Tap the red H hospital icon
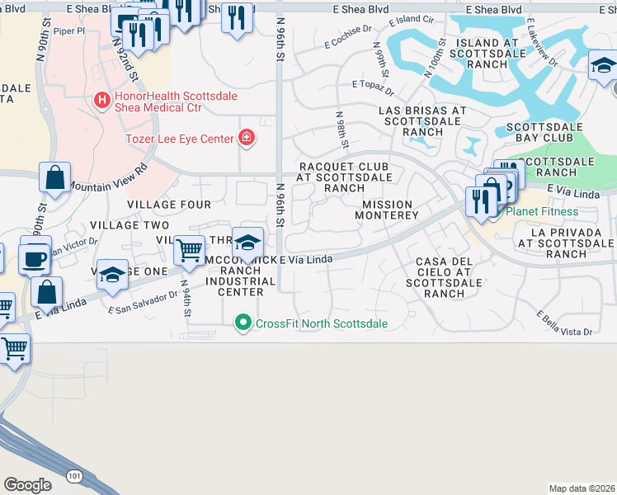point(101,101)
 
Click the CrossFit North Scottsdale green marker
point(243,323)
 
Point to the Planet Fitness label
point(542,211)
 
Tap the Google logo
point(27,485)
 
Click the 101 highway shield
point(76,476)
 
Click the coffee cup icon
point(35,257)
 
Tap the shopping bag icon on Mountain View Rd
point(54,178)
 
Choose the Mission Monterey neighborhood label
point(386,210)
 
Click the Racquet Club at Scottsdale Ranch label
point(343,177)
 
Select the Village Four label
point(169,204)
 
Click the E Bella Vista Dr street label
point(565,325)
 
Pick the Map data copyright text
point(582,488)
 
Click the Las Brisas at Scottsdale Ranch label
point(422,120)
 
